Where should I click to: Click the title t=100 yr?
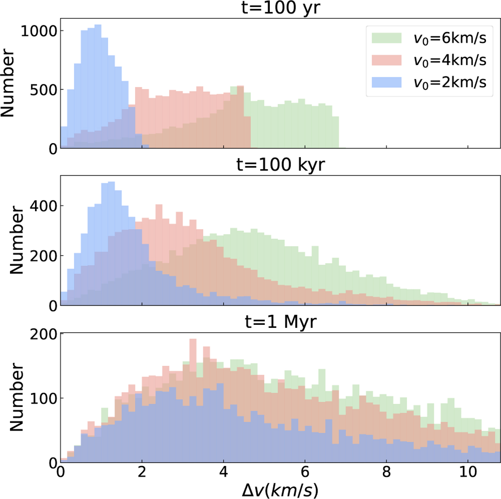pos(281,8)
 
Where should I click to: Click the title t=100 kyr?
pos(281,165)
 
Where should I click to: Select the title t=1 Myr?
pos(281,322)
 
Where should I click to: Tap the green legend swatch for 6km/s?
pos(387,38)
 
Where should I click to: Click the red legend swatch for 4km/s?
pos(387,60)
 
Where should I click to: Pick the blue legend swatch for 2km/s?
pos(387,82)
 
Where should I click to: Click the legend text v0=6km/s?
pos(450,38)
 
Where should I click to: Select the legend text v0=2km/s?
pos(450,83)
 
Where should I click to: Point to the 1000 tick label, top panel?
pos(39,31)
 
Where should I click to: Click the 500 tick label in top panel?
pos(43,90)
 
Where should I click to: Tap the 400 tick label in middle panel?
pos(43,206)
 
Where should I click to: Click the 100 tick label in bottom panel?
pos(43,398)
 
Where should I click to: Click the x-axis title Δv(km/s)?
pos(280,490)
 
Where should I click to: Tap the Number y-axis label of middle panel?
pos(17,240)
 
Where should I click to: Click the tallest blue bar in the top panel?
pos(98,86)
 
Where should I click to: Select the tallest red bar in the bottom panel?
pos(192,401)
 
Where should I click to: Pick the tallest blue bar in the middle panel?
pos(111,243)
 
